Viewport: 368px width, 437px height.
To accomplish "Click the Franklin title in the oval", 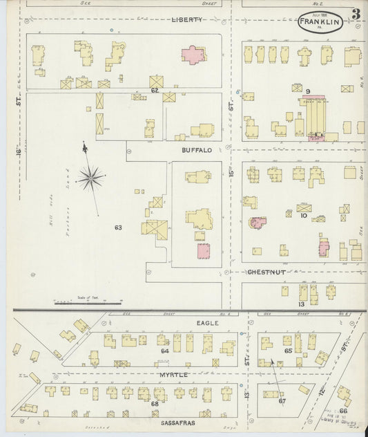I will coord(322,22).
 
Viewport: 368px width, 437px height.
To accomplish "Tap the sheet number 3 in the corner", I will coord(355,14).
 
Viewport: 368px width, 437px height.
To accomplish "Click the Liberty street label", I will coord(187,20).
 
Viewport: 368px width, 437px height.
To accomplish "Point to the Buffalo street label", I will coord(197,149).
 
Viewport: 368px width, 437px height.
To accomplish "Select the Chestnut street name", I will coord(267,272).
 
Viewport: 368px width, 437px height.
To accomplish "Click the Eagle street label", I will coord(207,323).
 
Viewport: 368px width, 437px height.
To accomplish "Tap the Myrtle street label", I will coord(173,374).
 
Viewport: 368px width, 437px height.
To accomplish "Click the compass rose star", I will coord(90,179).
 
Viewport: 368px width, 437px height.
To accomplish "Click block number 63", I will coord(118,227).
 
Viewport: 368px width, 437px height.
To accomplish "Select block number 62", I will coord(155,91).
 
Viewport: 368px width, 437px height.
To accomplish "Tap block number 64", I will coord(164,351).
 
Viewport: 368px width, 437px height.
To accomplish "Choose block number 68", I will coord(155,403).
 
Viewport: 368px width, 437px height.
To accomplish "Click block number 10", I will coord(303,216).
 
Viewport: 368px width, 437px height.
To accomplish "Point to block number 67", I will coord(282,400).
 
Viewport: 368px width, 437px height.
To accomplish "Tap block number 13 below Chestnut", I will coord(301,304).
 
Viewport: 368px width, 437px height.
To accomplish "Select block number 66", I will coord(342,410).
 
